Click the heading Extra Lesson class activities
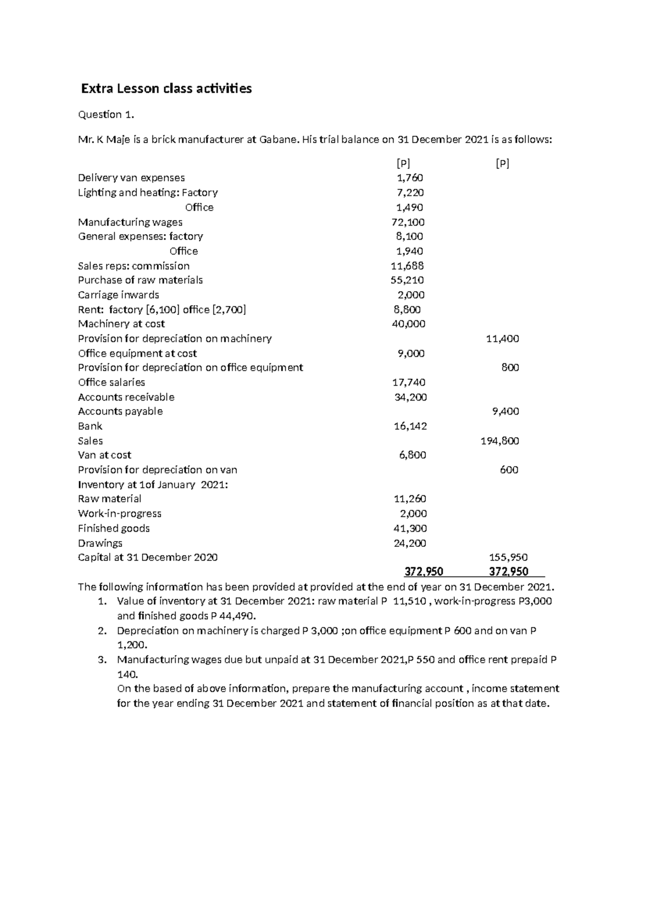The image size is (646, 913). (166, 88)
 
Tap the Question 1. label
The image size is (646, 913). (106, 114)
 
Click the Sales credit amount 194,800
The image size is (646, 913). (500, 441)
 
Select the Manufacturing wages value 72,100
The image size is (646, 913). (408, 222)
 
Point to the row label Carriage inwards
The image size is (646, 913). (118, 294)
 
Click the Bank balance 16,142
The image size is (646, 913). (410, 426)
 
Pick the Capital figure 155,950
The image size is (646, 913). (508, 557)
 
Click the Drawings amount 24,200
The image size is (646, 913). (410, 543)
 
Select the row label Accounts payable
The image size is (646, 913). (120, 411)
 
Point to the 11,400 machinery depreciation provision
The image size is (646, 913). (502, 339)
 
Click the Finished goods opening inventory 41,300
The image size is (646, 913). (410, 528)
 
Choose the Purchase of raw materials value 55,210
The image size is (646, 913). (407, 280)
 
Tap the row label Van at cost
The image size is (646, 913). (104, 455)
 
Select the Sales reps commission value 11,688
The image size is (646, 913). (407, 265)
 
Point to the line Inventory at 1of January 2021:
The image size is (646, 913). (153, 484)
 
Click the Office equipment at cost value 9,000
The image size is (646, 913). (411, 353)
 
